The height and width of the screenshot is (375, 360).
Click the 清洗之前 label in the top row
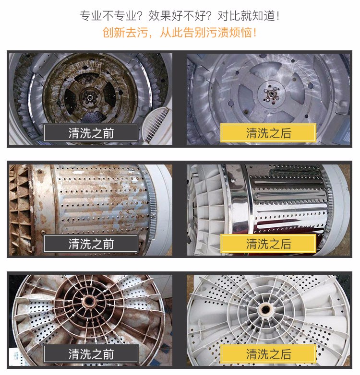[91, 133]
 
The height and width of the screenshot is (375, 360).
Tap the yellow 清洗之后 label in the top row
[268, 133]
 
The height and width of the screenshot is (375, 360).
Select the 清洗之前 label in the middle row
[91, 244]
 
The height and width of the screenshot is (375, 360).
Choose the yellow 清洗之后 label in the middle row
[268, 244]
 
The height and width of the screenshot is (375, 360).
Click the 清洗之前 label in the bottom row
[91, 354]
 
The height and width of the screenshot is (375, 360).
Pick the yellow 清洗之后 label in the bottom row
[268, 354]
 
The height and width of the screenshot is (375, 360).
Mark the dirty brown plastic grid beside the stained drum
[22, 201]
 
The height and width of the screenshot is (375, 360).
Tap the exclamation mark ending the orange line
[254, 33]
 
